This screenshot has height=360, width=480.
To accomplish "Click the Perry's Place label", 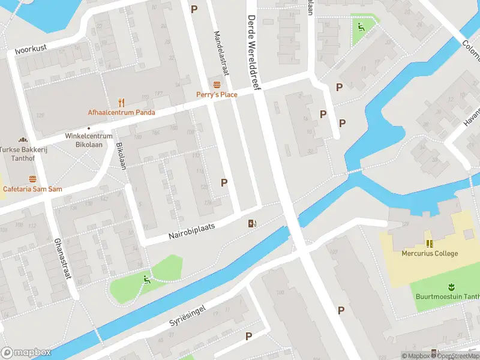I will point(217,94).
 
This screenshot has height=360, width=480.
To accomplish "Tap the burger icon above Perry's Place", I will point(217,83).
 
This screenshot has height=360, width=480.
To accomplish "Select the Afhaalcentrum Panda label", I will point(121,112).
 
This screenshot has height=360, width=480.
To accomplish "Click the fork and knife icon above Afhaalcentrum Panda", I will point(121,101).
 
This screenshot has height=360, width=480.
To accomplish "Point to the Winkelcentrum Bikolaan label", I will point(89,140).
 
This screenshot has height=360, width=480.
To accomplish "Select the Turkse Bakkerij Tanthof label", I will point(24,154).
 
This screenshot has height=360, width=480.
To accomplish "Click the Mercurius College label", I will point(430,253).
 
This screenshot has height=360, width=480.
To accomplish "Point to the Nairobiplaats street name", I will point(191,230).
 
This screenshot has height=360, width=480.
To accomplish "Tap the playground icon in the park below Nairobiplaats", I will point(146,279).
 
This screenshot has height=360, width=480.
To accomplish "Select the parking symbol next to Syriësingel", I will point(248,337).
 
